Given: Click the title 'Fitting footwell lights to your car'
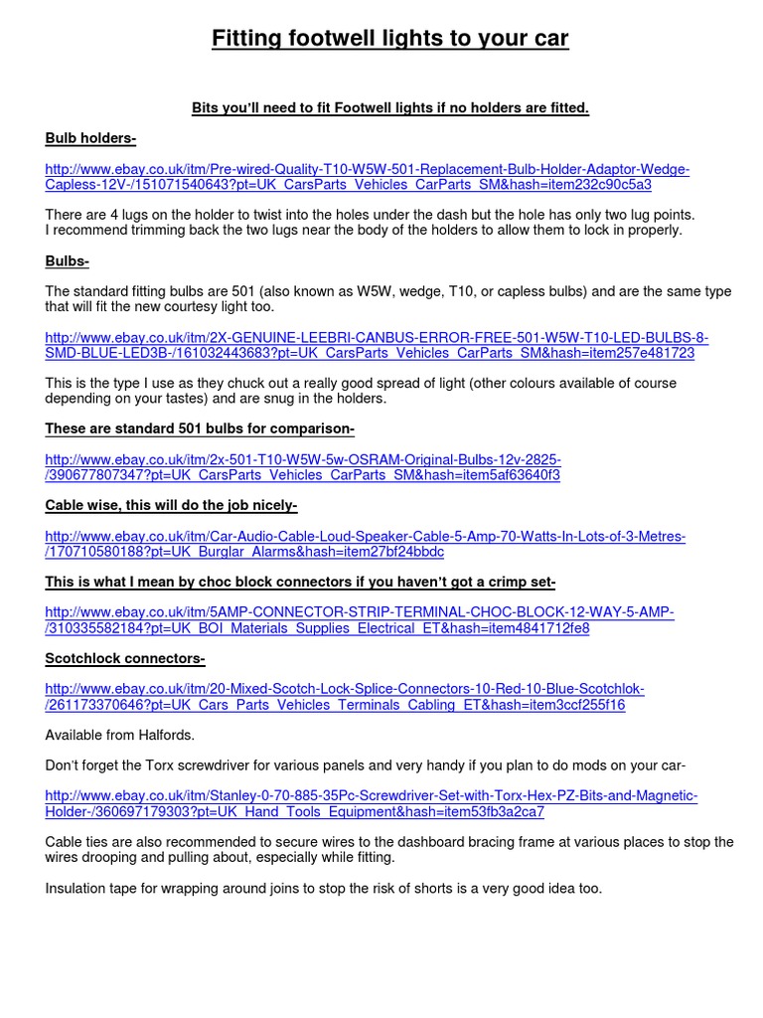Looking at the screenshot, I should tap(389, 40).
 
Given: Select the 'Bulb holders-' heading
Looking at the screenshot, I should tap(90, 138).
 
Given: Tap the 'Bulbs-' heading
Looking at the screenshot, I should tap(67, 261).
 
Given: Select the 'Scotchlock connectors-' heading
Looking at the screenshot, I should tap(125, 659).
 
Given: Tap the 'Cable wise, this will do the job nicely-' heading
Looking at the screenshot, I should tap(172, 506).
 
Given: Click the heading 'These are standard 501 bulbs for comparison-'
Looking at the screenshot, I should tap(200, 429).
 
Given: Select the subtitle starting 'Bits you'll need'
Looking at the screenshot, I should tap(389, 107).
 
